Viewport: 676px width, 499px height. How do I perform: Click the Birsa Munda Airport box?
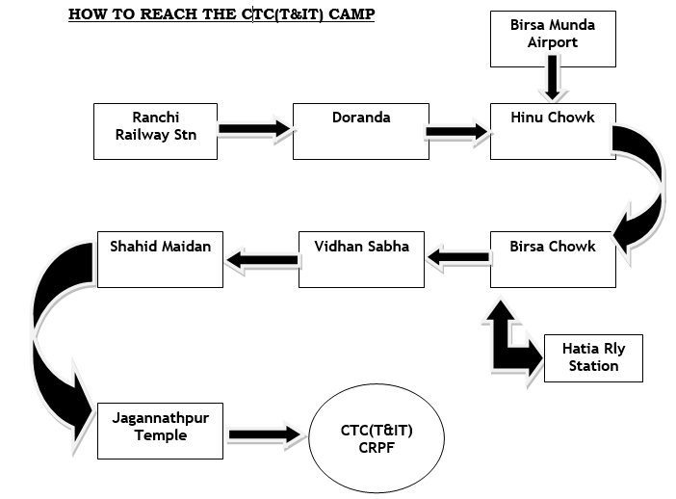pos(552,39)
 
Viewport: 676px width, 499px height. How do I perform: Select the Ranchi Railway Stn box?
pos(156,132)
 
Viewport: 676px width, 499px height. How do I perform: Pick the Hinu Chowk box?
pos(552,132)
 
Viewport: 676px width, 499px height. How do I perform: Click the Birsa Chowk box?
pos(552,258)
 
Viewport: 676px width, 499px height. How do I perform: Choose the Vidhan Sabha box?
pos(361,258)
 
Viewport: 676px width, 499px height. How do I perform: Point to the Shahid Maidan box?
pos(160,258)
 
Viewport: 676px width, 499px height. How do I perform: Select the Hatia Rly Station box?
pos(593,357)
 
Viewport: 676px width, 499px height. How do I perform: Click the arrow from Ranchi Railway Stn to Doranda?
pos(253,128)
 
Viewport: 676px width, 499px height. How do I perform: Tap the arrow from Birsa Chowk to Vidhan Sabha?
pos(456,256)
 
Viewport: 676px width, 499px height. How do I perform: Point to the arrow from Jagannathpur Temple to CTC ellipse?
pos(263,435)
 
